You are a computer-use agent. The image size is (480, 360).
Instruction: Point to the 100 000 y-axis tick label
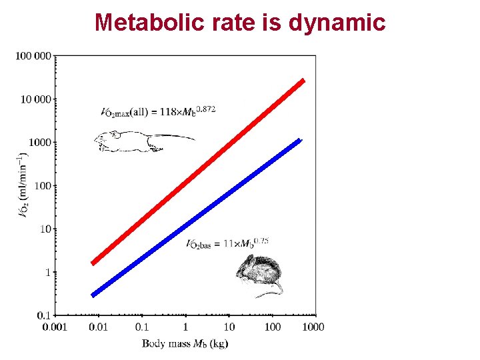click(x=33, y=55)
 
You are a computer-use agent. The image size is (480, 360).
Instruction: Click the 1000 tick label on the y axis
click(x=40, y=142)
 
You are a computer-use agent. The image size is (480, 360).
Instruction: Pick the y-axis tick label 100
click(x=43, y=185)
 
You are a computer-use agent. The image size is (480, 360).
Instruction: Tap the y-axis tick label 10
click(x=45, y=229)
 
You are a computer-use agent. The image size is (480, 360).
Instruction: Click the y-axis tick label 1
click(x=48, y=272)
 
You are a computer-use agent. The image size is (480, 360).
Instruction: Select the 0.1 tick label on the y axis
click(x=45, y=315)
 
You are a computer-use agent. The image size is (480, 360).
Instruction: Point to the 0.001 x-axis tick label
click(x=55, y=327)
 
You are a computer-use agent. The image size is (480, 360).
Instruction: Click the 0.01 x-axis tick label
click(x=98, y=327)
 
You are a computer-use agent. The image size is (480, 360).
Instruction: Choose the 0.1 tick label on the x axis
click(x=142, y=327)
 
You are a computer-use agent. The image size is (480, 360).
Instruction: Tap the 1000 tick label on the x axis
click(x=313, y=327)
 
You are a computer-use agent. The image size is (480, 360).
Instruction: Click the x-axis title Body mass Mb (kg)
click(x=185, y=343)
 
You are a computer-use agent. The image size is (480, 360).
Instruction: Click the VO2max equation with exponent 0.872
click(x=158, y=111)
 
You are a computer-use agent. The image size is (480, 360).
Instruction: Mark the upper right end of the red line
click(x=303, y=80)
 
